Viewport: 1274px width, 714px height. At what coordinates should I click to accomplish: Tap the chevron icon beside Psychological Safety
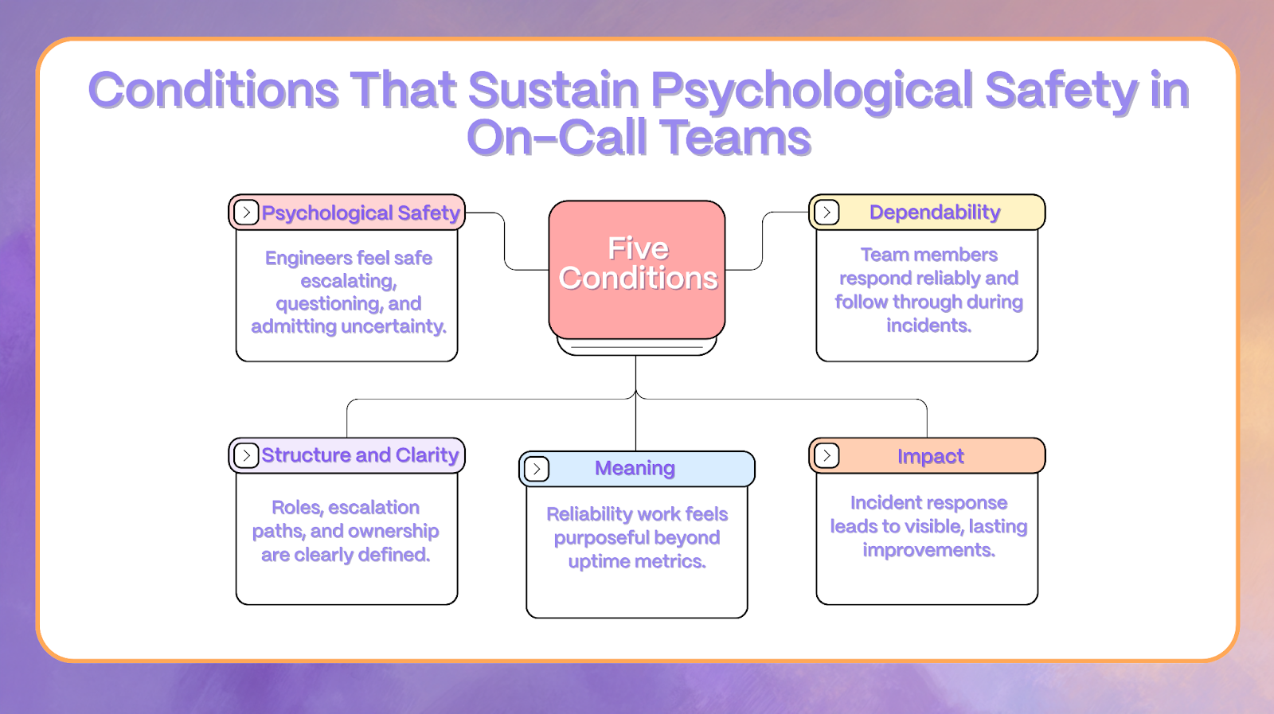point(246,213)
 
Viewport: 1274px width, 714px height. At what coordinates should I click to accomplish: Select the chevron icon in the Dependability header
point(827,213)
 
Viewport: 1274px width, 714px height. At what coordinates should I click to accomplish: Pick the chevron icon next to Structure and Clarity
point(246,455)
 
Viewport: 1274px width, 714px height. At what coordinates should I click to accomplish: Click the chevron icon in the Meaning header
point(537,469)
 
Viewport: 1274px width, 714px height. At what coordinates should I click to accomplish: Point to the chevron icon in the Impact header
point(827,455)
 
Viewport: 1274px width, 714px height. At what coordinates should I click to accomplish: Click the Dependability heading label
point(934,213)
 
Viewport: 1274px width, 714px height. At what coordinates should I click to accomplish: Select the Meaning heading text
point(635,469)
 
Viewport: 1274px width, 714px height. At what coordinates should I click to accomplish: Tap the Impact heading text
point(930,456)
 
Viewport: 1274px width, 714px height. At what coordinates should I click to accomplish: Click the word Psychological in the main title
point(812,90)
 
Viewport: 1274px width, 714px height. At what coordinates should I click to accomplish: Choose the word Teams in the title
point(736,139)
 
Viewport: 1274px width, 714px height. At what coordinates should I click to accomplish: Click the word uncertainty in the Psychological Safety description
point(393,326)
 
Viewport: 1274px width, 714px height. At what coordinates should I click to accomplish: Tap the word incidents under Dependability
point(928,326)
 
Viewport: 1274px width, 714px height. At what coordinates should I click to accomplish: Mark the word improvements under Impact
point(928,550)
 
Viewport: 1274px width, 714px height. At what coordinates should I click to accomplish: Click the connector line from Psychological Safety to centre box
point(505,243)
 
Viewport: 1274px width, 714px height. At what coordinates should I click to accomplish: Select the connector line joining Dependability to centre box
point(763,243)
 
